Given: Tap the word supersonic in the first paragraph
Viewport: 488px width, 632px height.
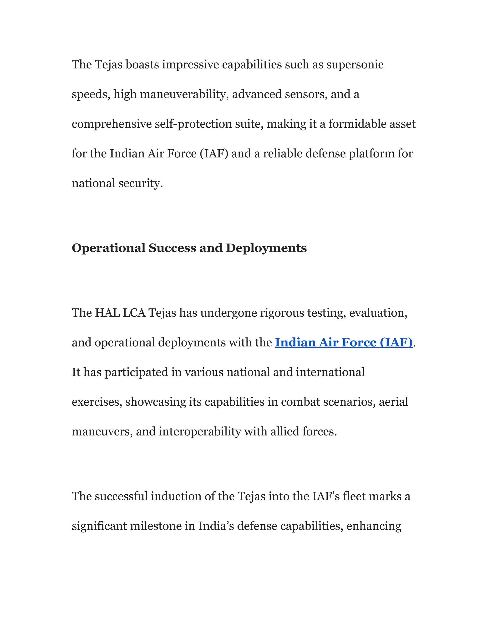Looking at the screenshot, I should [355, 65].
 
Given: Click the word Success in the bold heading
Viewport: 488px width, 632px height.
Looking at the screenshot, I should [172, 248].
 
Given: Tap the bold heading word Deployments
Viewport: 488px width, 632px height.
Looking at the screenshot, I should [266, 248].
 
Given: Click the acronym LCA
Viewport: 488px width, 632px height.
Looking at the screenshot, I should [134, 313].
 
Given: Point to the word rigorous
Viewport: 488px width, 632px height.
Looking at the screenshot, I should [282, 313].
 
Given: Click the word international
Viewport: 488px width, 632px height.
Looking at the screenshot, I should [330, 372].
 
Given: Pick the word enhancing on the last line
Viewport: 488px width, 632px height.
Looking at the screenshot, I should [374, 526].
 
